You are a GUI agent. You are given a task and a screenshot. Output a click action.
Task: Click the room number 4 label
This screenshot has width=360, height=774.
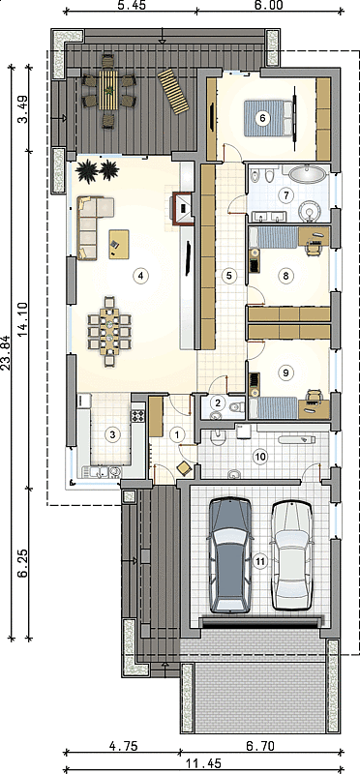(140, 276)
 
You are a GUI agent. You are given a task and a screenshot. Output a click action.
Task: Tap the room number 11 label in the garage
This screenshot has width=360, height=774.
(259, 560)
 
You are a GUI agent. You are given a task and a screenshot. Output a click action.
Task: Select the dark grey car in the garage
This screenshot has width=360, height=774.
(229, 555)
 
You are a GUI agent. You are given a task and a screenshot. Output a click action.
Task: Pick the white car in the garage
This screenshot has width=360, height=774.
(293, 555)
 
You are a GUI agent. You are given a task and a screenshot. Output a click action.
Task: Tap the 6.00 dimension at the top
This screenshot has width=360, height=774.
(269, 5)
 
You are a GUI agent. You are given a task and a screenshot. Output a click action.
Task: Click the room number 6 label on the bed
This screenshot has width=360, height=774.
(262, 118)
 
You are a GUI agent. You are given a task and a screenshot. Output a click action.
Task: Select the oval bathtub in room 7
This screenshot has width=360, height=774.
(307, 173)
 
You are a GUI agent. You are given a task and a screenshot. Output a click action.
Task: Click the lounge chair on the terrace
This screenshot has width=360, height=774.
(173, 91)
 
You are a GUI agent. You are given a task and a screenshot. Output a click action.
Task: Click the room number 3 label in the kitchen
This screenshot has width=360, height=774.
(112, 434)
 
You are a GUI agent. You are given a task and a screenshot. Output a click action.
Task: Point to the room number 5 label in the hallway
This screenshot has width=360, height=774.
(228, 276)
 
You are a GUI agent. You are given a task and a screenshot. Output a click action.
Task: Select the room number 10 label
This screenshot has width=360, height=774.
(259, 456)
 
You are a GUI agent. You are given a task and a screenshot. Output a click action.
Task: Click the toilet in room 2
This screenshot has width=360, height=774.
(236, 407)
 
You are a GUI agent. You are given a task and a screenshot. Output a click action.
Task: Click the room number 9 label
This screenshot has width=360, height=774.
(285, 372)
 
